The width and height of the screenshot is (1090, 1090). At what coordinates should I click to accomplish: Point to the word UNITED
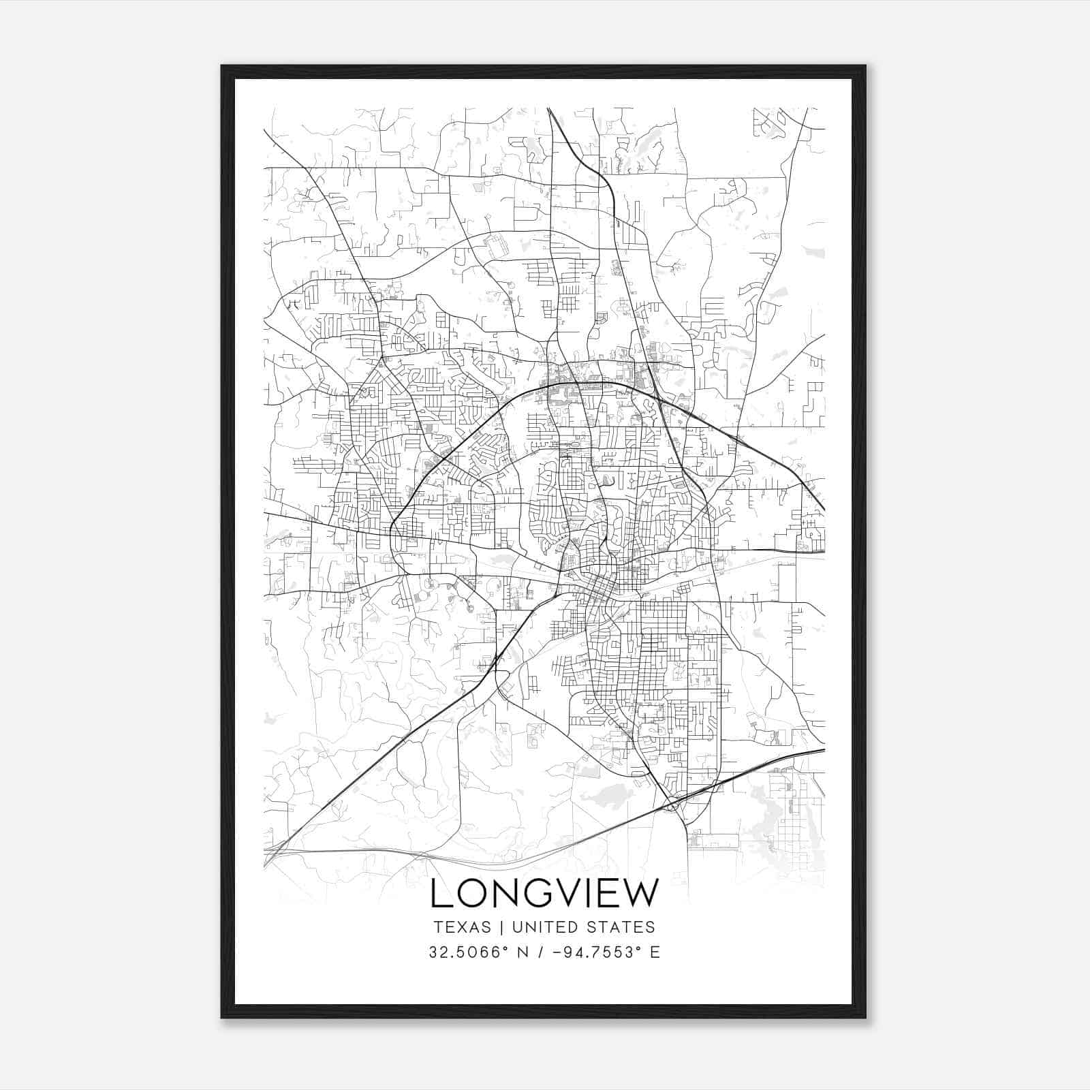(x=542, y=927)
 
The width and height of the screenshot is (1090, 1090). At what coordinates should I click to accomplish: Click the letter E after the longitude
(x=655, y=952)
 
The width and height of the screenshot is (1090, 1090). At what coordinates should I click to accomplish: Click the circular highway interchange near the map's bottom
(x=673, y=806)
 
